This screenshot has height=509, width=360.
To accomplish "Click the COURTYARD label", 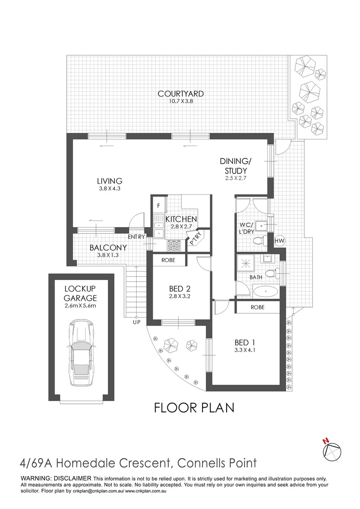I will click(x=180, y=94).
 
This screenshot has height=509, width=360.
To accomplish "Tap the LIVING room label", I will click(x=110, y=181).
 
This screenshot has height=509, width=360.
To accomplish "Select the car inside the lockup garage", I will click(x=81, y=353).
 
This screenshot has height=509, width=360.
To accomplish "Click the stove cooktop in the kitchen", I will click(x=174, y=246).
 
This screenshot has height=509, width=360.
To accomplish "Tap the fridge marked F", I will click(x=159, y=206).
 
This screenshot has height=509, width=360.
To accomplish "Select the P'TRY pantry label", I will click(x=195, y=239).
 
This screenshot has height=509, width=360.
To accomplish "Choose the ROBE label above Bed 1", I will click(x=257, y=307).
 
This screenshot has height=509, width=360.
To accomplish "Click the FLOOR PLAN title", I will click(x=194, y=407).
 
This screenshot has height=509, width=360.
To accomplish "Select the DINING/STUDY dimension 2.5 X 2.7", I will click(x=236, y=178).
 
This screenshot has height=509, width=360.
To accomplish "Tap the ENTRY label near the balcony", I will click(x=137, y=237).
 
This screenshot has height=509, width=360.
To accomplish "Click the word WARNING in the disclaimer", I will click(x=37, y=478).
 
